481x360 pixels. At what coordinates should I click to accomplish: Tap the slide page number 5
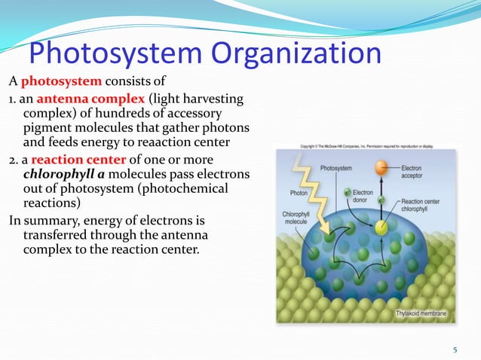pos(455,349)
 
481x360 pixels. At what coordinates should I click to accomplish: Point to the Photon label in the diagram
pos(299,193)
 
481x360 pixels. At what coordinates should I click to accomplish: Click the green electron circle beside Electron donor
pos(347,195)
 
